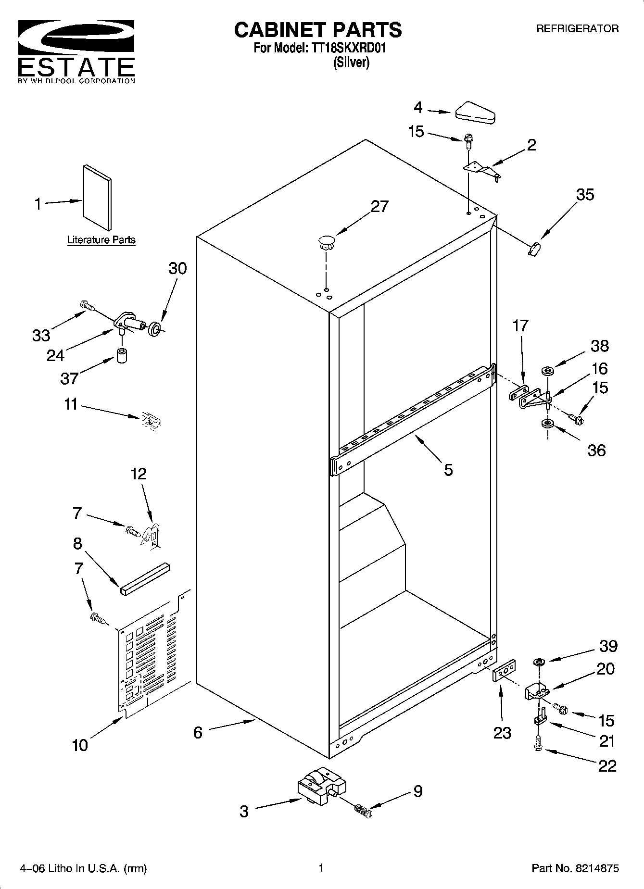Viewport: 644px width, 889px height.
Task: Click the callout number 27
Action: (x=379, y=206)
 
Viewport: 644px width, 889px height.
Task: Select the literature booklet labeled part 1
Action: (x=97, y=197)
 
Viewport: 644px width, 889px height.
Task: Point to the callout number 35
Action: (x=585, y=195)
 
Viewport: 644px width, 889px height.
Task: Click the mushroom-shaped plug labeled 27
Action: (x=326, y=242)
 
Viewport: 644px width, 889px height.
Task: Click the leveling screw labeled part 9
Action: (x=364, y=810)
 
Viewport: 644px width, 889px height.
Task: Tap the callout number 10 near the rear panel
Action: (x=80, y=745)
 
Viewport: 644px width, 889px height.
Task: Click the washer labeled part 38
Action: (x=547, y=371)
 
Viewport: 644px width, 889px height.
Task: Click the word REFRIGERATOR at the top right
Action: (x=577, y=29)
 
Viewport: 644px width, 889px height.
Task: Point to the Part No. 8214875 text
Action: (x=575, y=868)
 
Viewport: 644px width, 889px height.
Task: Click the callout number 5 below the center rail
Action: (x=448, y=469)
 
